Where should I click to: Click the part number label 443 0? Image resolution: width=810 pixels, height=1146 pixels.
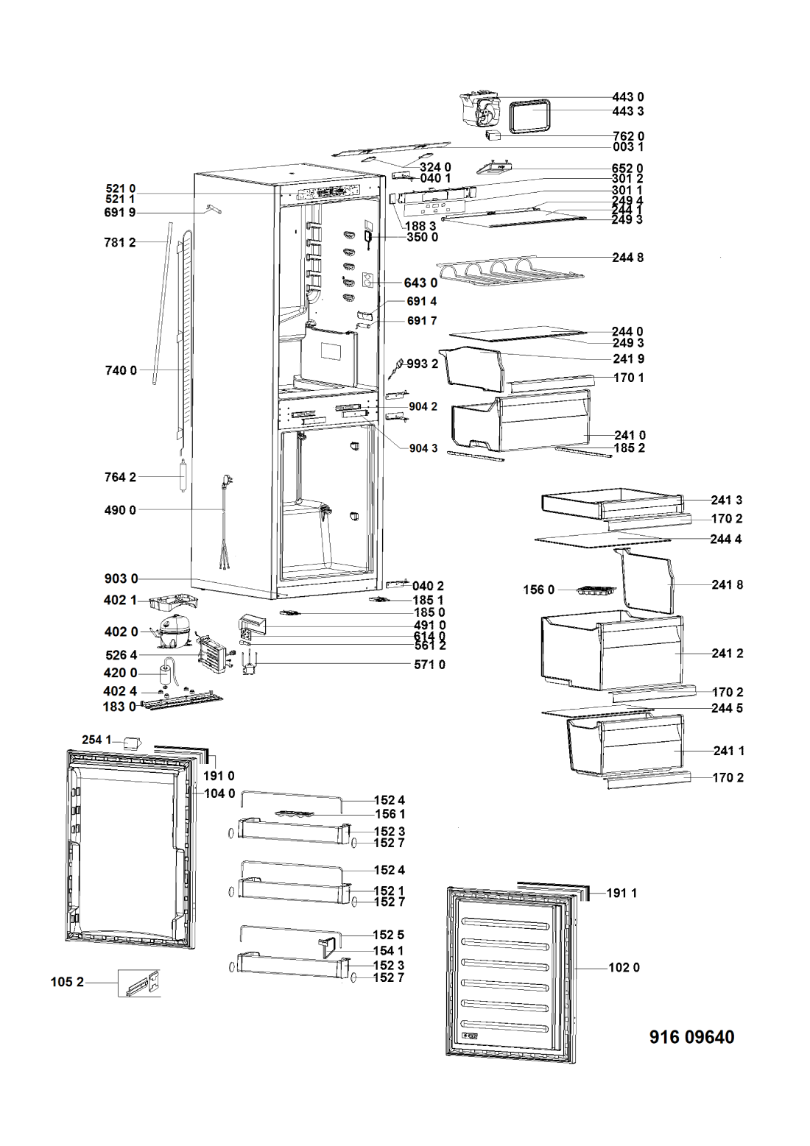click(x=627, y=97)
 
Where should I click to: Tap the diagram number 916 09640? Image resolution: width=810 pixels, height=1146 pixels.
click(x=691, y=1037)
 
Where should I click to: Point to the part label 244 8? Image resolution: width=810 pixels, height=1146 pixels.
click(x=627, y=258)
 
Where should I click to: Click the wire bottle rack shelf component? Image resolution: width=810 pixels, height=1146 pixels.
click(x=509, y=271)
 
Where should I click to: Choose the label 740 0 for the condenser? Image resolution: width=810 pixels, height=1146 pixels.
click(x=120, y=370)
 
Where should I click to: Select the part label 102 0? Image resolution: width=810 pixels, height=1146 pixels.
click(x=624, y=967)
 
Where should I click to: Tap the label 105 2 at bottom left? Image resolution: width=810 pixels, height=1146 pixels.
click(x=67, y=981)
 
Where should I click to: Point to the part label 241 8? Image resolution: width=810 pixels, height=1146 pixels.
click(x=728, y=584)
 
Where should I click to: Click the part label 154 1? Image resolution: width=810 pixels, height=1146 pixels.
click(x=389, y=951)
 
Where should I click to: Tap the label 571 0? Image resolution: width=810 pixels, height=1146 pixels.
click(x=429, y=665)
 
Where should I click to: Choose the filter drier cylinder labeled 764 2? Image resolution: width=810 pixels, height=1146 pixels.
click(x=182, y=476)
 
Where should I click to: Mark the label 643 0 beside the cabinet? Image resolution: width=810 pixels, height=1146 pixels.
click(x=420, y=283)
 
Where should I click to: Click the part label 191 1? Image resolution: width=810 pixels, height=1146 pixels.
click(x=621, y=893)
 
